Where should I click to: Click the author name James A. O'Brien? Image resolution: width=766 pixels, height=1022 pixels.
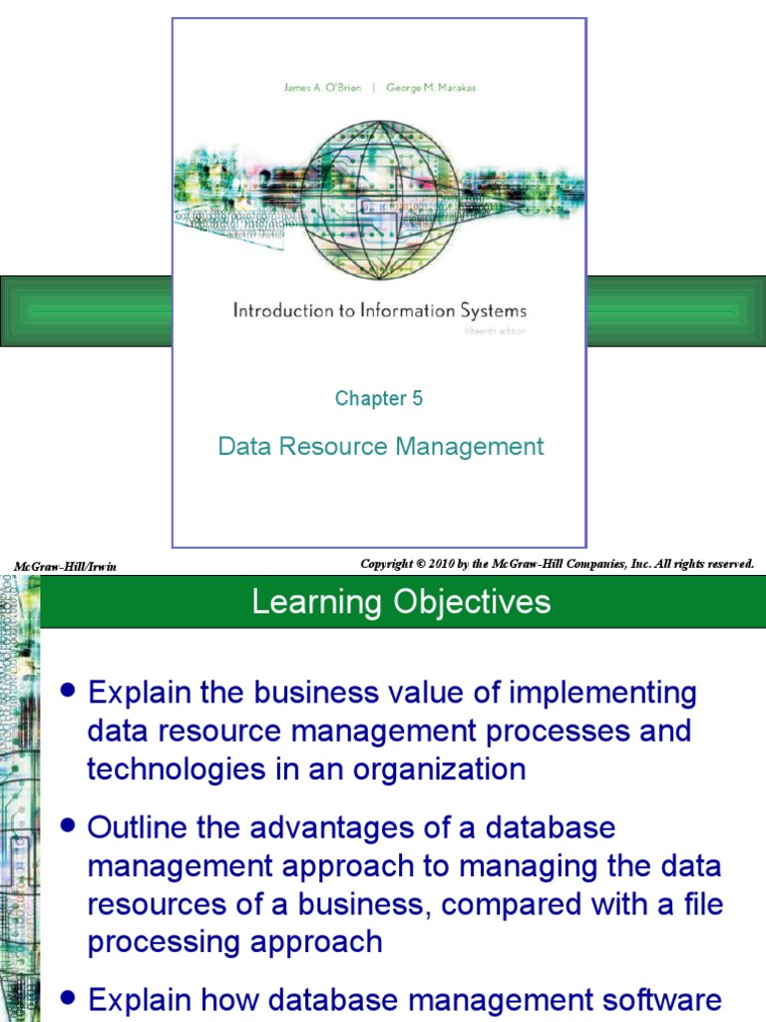click(323, 89)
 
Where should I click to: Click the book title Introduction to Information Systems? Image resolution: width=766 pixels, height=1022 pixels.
click(379, 310)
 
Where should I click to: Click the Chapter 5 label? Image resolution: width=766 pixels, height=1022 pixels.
click(379, 398)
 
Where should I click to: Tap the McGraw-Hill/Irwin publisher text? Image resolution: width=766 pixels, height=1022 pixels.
click(65, 567)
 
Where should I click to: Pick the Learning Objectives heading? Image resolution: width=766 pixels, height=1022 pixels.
click(401, 602)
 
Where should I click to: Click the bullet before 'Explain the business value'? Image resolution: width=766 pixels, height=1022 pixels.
click(68, 690)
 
